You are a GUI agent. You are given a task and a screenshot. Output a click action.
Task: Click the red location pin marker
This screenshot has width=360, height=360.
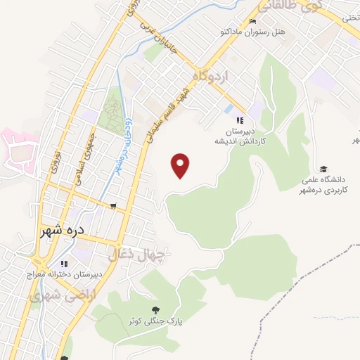pos(181,166)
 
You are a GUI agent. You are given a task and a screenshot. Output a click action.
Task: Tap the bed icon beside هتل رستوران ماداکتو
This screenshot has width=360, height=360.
pos(252,22)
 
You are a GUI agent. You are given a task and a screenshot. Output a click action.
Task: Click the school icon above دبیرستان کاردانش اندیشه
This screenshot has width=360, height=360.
pos(239,120)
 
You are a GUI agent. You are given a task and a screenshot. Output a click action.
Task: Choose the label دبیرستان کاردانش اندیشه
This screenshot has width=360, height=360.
pos(239,136)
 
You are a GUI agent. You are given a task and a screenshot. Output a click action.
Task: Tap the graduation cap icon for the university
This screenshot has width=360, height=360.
pos(323,169)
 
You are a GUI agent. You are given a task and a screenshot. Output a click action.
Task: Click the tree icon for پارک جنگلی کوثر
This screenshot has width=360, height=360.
pos(155,309)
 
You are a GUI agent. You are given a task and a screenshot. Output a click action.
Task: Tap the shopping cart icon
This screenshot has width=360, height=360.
pos(113,206)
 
